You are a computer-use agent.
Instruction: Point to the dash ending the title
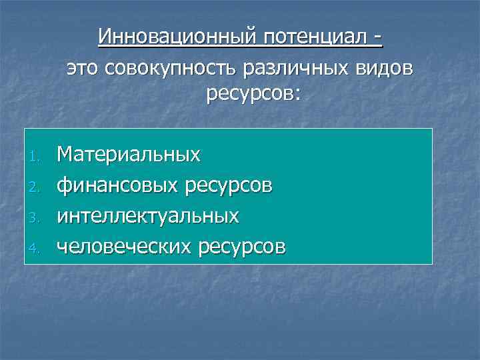tap(379, 37)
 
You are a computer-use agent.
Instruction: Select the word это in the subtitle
tap(84, 67)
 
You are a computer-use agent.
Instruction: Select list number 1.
tap(38, 158)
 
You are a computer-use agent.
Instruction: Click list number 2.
tap(38, 189)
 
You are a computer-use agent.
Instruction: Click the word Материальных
tap(129, 155)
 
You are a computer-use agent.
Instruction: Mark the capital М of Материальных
tap(65, 155)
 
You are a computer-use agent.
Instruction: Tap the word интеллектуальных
tap(148, 216)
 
